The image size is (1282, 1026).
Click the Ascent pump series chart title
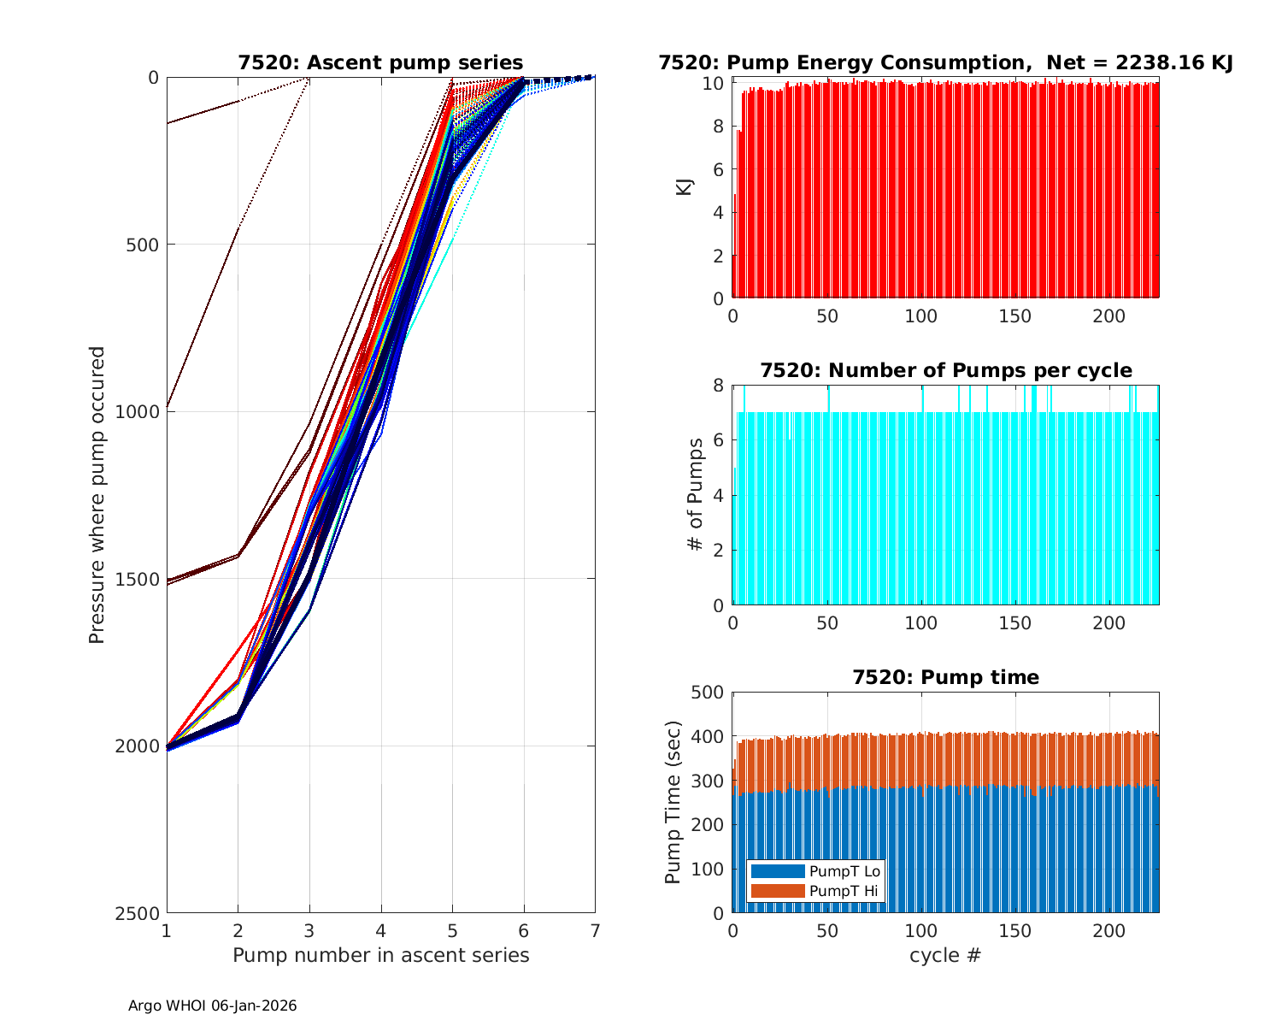pos(380,63)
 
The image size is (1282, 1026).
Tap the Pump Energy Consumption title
pos(945,63)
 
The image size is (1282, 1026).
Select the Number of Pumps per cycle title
pos(945,371)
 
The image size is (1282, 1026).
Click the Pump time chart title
pos(945,678)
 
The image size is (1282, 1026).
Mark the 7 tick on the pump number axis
pos(595,930)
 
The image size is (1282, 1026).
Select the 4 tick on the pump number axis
pos(381,930)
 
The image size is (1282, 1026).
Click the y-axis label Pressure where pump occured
pos(97,495)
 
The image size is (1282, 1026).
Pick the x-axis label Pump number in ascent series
pos(381,955)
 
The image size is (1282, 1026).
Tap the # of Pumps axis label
pos(696,495)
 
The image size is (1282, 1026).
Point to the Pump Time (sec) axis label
pos(673,802)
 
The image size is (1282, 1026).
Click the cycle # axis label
pos(945,955)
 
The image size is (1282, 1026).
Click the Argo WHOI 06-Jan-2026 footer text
pos(213,1006)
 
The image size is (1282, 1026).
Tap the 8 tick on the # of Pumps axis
pos(718,386)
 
